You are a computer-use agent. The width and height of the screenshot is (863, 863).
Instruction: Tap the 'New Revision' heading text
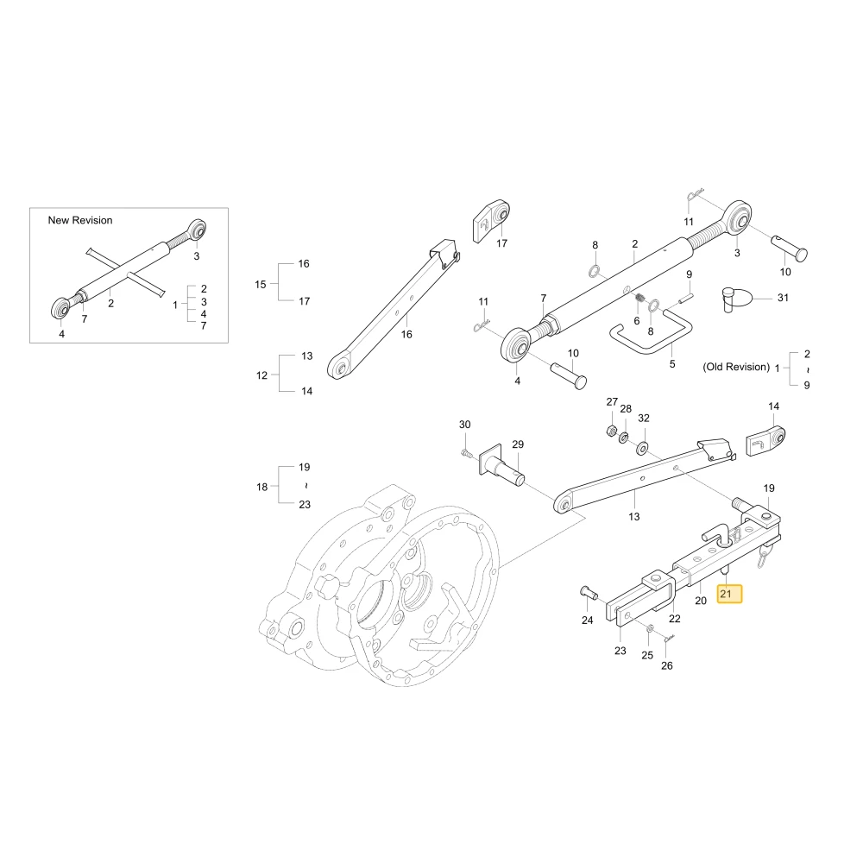(x=79, y=220)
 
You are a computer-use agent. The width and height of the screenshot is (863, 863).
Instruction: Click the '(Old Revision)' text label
(x=736, y=367)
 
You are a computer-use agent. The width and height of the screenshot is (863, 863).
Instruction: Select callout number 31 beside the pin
(x=783, y=298)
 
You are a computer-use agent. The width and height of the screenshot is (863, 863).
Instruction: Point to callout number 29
(x=517, y=444)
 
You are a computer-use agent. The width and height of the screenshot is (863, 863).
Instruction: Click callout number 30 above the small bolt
(x=464, y=425)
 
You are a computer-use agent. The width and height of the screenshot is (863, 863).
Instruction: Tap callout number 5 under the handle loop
(x=672, y=364)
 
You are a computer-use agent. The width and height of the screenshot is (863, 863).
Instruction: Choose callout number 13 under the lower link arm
(x=634, y=516)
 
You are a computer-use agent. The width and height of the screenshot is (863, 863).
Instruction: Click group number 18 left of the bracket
(x=262, y=487)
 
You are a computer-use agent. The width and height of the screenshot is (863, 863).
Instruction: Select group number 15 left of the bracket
(x=261, y=285)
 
